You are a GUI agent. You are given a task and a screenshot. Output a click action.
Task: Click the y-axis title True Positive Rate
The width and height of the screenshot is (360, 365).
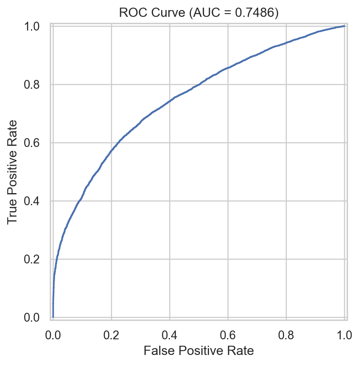13,171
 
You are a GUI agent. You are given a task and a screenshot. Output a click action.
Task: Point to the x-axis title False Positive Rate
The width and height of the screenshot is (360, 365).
198,351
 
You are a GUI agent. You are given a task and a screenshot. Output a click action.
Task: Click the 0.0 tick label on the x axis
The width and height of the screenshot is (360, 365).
53,334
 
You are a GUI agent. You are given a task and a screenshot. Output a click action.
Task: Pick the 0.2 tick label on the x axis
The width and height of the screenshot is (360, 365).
111,334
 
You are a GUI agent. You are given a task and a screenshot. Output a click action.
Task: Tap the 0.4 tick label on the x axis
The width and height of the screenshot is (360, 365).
170,334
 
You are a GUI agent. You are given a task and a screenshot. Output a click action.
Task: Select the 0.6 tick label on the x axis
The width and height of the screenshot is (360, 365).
228,334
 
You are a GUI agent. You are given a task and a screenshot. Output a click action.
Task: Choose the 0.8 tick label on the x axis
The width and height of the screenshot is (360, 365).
286,334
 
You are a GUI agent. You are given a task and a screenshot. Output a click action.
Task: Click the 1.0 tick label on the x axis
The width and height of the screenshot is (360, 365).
344,334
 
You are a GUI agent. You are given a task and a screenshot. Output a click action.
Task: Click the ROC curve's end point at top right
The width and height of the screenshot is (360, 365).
344,26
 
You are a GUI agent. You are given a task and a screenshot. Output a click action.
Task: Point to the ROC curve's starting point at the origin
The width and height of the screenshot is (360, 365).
53,317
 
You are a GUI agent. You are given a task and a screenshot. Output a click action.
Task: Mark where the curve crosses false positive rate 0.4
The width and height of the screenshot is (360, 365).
170,101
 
